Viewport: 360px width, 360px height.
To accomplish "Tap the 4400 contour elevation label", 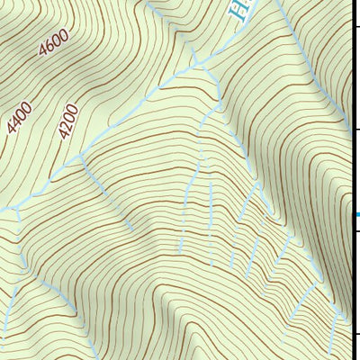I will point(19,118).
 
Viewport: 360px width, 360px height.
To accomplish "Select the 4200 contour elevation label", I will point(68,121).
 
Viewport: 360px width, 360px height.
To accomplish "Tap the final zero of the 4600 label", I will point(65,34).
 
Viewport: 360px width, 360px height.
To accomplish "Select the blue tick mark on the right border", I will point(356,214).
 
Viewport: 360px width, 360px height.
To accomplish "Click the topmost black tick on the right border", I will point(356,30).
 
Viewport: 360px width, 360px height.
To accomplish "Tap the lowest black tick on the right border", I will point(356,333).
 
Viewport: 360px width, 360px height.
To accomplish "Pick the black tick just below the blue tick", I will point(356,232).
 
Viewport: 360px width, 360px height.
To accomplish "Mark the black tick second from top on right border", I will point(356,130).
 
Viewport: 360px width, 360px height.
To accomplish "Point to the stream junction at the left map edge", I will point(16,209).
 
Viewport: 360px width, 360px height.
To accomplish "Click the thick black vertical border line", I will point(353,180).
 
